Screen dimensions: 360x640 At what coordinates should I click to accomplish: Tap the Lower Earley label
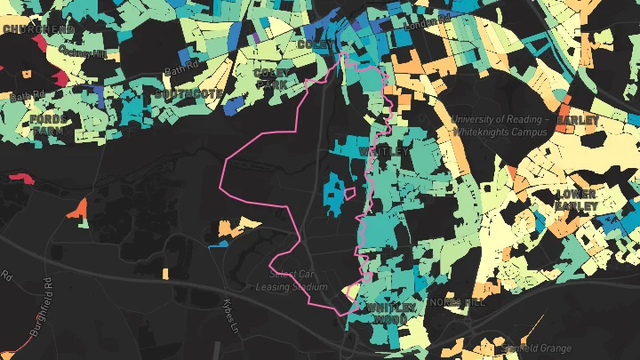tap(576, 199)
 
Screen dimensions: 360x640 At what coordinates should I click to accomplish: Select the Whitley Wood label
tap(391, 314)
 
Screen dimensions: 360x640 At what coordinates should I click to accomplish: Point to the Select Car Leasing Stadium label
tap(292, 281)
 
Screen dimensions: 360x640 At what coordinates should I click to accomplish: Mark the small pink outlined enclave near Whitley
tap(350, 192)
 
